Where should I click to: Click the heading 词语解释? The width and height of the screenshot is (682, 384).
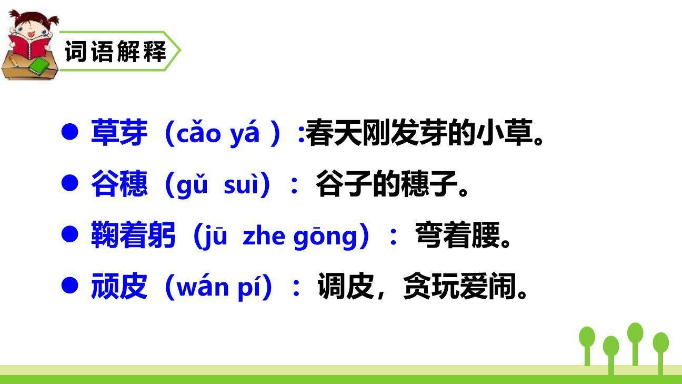click(115, 52)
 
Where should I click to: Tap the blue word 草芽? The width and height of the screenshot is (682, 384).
click(119, 133)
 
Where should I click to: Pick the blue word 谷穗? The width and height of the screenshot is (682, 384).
click(119, 184)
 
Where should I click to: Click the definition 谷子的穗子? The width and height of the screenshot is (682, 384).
click(392, 184)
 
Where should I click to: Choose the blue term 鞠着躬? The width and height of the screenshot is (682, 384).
click(133, 236)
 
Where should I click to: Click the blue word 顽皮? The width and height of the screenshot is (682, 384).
click(119, 287)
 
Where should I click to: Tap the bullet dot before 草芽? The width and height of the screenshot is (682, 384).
click(70, 131)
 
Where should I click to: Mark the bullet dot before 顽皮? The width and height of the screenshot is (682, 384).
click(70, 285)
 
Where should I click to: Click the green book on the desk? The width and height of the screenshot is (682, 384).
click(38, 66)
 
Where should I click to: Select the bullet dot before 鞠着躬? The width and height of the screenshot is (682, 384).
click(70, 234)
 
